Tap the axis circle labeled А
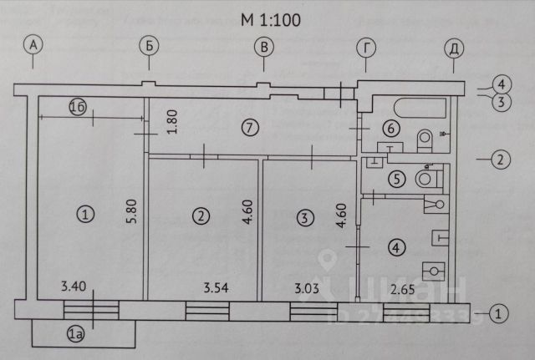tap(33, 47)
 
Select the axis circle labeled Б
tap(148, 47)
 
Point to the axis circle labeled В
tap(264, 47)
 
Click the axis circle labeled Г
tap(366, 47)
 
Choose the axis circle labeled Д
tap(456, 47)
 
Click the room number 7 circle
tap(247, 128)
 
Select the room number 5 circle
tap(396, 178)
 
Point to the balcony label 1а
tap(76, 335)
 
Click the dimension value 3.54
tap(217, 290)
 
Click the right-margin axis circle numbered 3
tap(500, 103)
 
